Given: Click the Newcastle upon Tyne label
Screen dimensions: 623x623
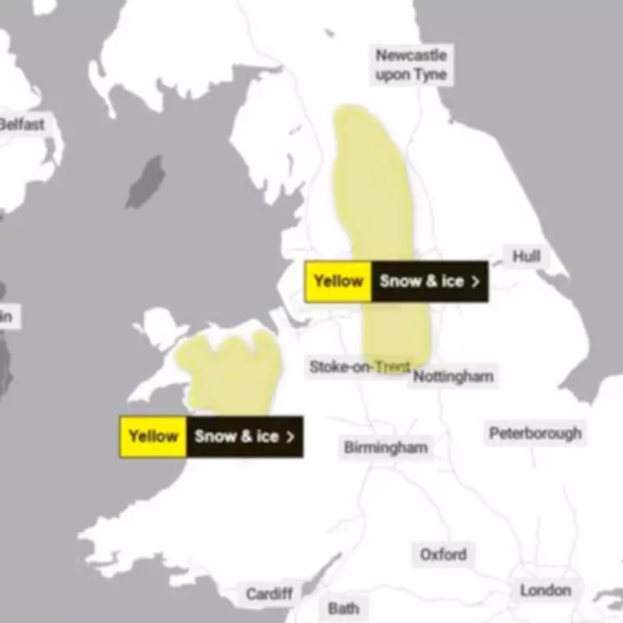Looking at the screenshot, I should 411,65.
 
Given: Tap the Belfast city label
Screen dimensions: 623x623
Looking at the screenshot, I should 22,124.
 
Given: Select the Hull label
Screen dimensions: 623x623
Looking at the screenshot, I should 526,256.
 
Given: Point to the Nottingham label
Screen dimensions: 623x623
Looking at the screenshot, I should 452,377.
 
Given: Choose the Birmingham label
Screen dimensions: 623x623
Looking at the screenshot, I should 385,448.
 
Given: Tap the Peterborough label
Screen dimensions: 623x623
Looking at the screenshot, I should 535,433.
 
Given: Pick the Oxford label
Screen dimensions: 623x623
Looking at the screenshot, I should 443,554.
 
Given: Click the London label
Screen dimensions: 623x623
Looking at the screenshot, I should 545,591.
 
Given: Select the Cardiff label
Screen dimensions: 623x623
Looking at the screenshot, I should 269,594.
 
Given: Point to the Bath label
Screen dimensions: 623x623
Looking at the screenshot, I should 343,608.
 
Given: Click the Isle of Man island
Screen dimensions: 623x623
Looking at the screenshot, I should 146,181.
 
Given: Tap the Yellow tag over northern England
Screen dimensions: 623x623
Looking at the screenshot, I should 338,281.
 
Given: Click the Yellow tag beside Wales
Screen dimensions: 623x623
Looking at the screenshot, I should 153,436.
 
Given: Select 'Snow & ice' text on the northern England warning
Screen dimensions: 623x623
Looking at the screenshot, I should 421,281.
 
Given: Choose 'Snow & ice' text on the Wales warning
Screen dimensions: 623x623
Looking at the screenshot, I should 236,436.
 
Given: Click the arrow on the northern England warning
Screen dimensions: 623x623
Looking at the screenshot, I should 476,282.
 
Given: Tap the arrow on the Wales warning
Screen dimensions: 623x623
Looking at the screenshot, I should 290,437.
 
